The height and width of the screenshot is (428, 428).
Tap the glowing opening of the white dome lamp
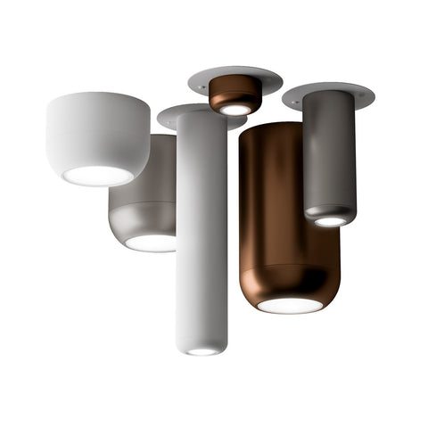[x=97, y=175]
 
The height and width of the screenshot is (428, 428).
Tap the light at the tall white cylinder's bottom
[x=202, y=350]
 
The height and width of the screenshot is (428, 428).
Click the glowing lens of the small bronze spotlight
[x=234, y=109]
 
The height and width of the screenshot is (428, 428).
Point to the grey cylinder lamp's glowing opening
[x=330, y=220]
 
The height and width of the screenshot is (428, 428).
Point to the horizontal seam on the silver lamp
[x=143, y=204]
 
